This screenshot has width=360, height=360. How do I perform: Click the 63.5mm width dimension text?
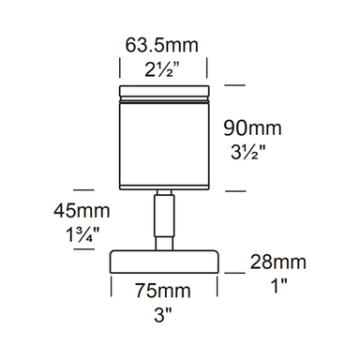[x=165, y=43]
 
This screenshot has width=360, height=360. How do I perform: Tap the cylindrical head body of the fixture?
[x=164, y=141]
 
